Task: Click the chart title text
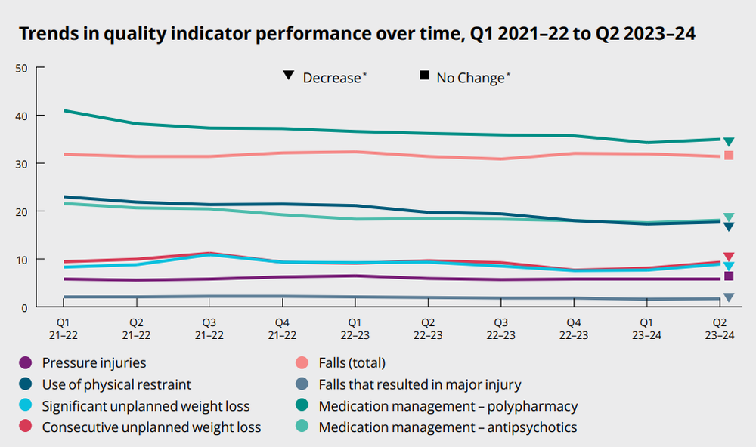pyautogui.click(x=356, y=34)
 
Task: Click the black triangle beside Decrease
pyautogui.click(x=288, y=76)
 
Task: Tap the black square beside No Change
pyautogui.click(x=424, y=76)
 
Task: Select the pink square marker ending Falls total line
pyautogui.click(x=729, y=156)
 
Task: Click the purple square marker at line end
pyautogui.click(x=729, y=276)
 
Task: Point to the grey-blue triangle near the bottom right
pyautogui.click(x=729, y=297)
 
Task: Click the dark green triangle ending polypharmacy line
pyautogui.click(x=729, y=142)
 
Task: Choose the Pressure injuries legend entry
pyautogui.click(x=94, y=363)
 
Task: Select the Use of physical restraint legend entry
pyautogui.click(x=116, y=385)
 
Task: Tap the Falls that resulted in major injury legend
pyautogui.click(x=420, y=385)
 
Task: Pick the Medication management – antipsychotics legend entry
pyautogui.click(x=448, y=427)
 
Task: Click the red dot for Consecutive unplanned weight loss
pyautogui.click(x=26, y=427)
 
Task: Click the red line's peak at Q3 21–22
pyautogui.click(x=209, y=253)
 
